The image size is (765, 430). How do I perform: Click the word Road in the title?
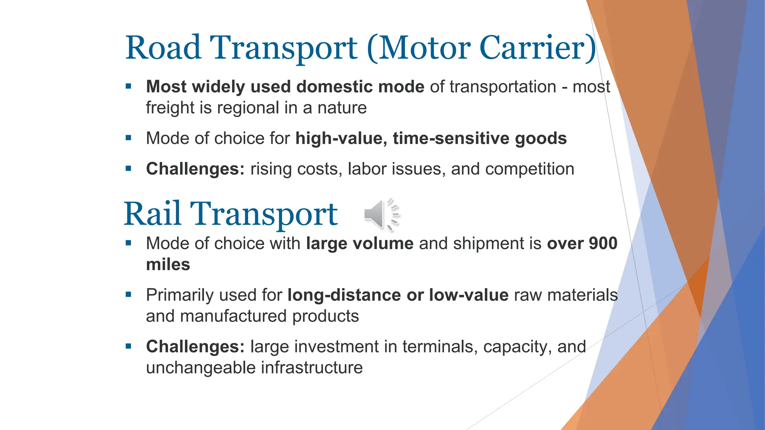pyautogui.click(x=163, y=48)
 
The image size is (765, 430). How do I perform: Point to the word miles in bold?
pyautogui.click(x=168, y=265)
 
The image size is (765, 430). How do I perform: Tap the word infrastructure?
pyautogui.click(x=312, y=368)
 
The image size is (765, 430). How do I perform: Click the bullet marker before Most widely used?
pyautogui.click(x=128, y=87)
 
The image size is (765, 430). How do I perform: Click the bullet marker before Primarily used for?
pyautogui.click(x=128, y=295)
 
